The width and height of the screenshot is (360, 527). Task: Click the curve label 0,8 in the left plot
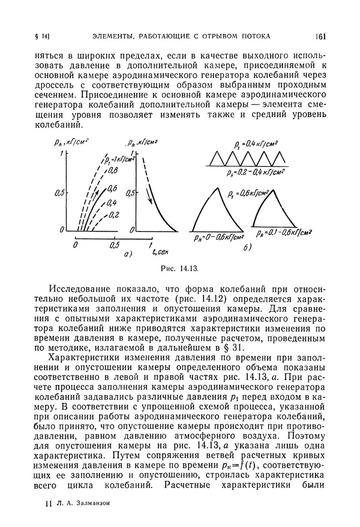tap(113, 170)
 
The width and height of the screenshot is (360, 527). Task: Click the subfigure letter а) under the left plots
tap(127, 255)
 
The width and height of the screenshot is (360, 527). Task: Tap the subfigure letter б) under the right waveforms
tap(246, 247)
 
